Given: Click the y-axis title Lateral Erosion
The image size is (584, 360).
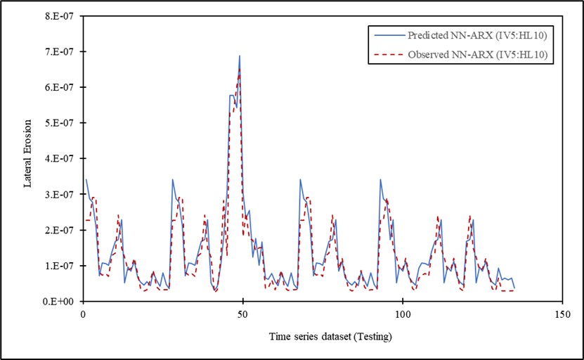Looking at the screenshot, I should pos(29,158).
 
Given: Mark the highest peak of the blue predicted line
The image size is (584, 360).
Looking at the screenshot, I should pos(240,56).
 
